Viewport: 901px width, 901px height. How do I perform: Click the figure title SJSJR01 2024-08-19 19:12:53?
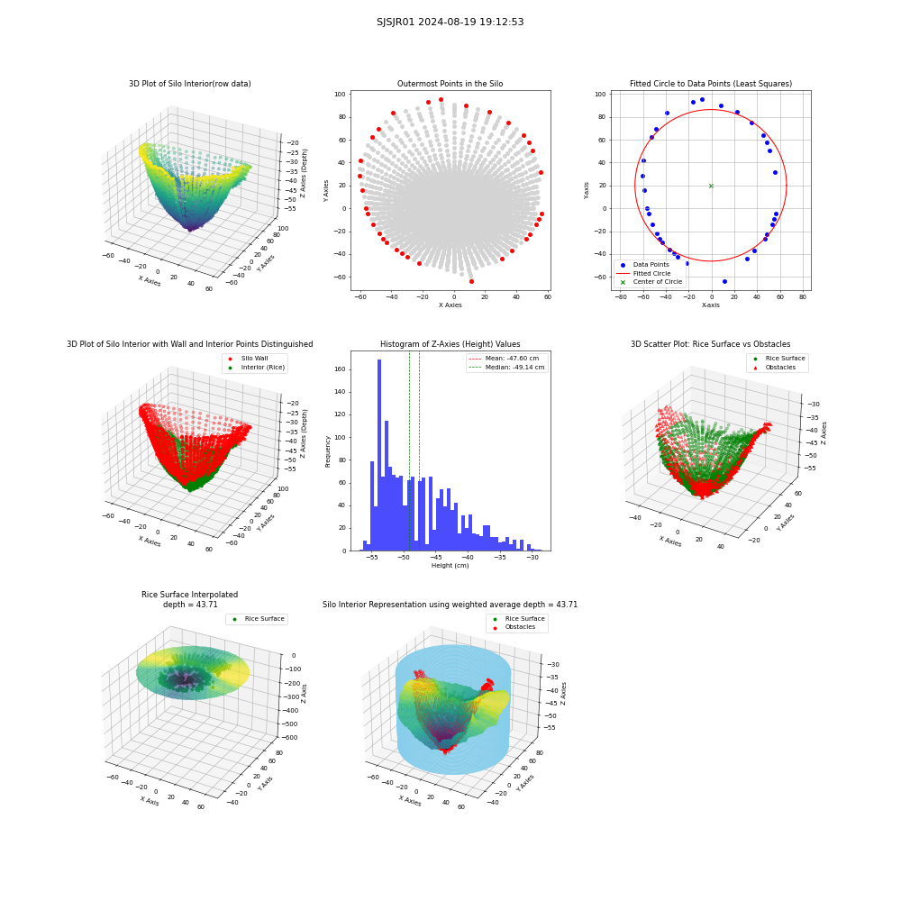450,22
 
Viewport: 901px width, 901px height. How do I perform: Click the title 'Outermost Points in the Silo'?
450,84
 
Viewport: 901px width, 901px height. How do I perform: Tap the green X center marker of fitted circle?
712,187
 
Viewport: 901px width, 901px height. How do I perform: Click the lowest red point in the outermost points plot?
472,281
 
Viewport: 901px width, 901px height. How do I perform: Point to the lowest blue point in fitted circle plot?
724,281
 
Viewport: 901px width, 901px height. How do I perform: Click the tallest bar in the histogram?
379,455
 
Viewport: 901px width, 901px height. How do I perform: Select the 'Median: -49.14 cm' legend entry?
506,368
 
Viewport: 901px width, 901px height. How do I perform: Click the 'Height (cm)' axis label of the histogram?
450,566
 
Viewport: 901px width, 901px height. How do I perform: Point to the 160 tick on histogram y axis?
340,369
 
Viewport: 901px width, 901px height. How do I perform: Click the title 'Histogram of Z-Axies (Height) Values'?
450,344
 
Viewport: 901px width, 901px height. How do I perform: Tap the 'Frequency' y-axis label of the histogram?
328,451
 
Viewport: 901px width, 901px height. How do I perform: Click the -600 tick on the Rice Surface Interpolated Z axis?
289,737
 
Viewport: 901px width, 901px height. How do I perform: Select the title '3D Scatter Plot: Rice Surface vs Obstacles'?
710,344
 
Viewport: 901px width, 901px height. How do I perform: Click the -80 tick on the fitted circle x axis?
621,297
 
